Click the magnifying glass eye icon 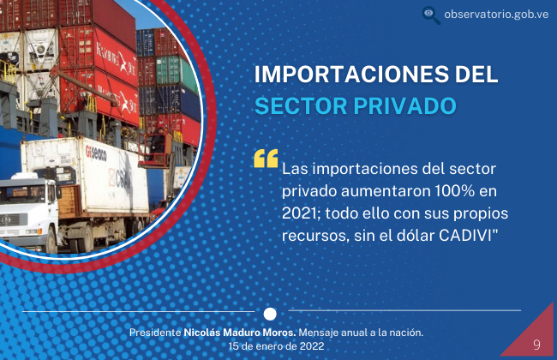(431, 15)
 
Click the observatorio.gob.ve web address (496, 15)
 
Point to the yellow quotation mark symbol (266, 159)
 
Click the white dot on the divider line (270, 314)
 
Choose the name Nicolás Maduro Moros (240, 333)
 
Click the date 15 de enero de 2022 (277, 346)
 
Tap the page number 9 (536, 345)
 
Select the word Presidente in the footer (155, 333)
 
